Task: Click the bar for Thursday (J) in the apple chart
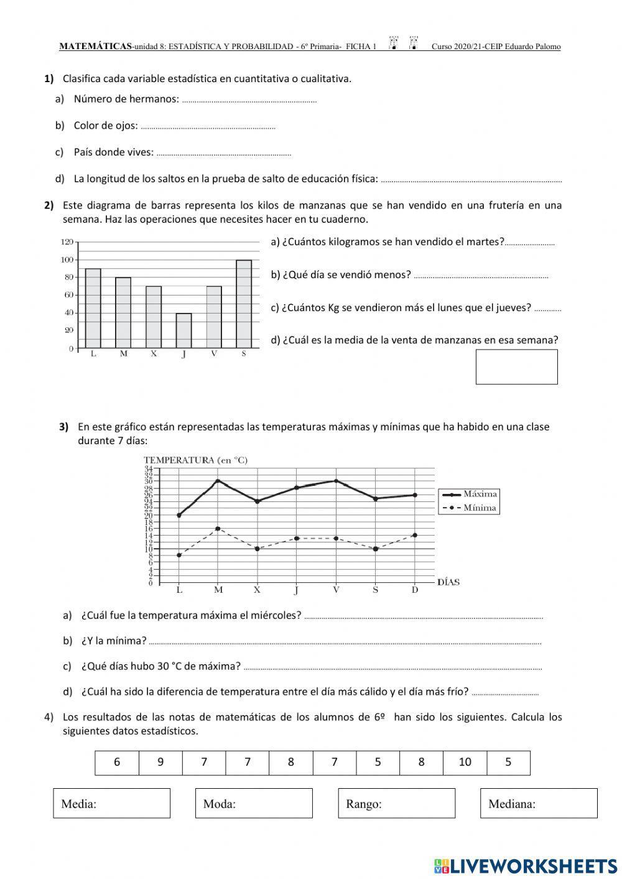tap(183, 330)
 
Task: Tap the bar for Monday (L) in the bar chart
tap(93, 308)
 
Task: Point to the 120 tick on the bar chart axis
tap(67, 241)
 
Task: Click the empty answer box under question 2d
tap(516, 366)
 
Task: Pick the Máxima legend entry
tap(469, 494)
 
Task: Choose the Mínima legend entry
tap(469, 508)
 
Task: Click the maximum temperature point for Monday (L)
tap(179, 515)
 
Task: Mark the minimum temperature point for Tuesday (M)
tap(218, 529)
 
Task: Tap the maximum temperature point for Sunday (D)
tap(415, 495)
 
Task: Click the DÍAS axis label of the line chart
tap(448, 582)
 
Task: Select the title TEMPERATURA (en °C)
tap(195, 460)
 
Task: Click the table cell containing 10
tap(465, 762)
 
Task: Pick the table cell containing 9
tap(160, 762)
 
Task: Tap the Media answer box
tap(112, 803)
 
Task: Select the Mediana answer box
tap(539, 803)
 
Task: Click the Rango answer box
tap(397, 803)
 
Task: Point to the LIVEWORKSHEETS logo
tap(526, 865)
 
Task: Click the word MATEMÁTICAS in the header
tap(95, 47)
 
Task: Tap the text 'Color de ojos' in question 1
tap(105, 126)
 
